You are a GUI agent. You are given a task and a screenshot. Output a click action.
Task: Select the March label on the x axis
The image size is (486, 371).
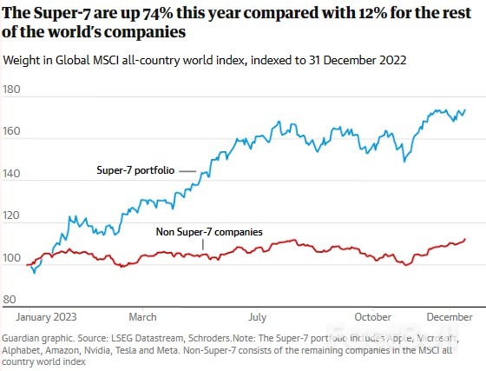142,318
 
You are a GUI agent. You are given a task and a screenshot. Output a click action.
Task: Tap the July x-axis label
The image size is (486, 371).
257,318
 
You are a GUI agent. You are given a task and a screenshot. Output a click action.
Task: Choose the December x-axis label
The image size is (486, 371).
448,318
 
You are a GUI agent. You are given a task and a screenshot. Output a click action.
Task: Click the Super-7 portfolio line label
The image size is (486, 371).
136,171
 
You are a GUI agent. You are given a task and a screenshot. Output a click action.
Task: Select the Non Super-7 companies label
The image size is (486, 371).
209,232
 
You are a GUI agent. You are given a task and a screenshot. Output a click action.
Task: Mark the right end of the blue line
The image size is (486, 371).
465,110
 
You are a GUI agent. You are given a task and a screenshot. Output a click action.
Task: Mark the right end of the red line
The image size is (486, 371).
466,239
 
